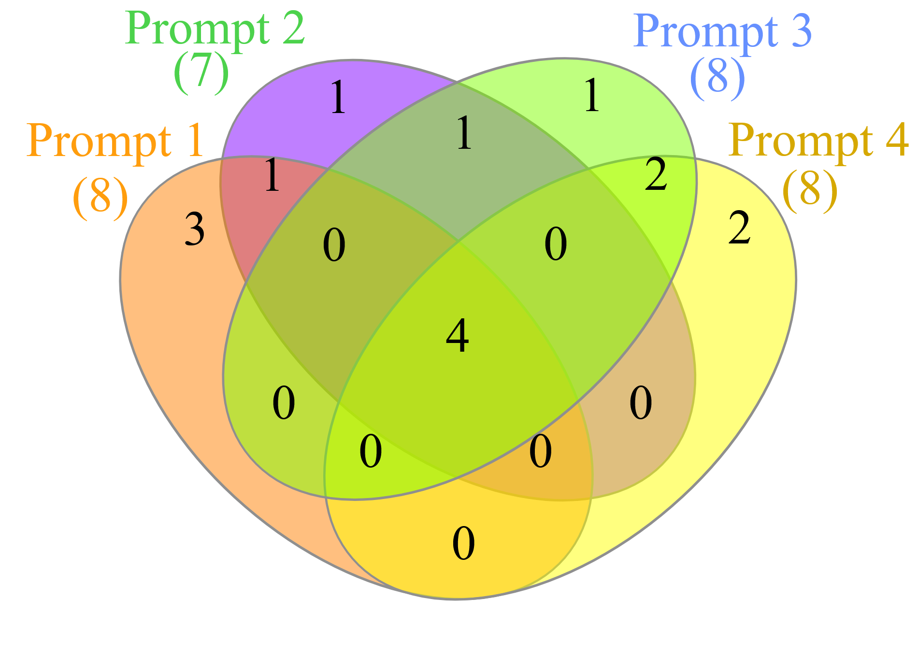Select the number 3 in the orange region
[x=195, y=229]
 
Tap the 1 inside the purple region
[x=338, y=98]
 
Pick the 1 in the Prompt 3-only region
[x=591, y=96]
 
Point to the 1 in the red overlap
[x=272, y=175]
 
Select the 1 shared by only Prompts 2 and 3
[x=464, y=132]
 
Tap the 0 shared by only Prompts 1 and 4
[x=463, y=544]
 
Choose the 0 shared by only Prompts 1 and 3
[x=284, y=403]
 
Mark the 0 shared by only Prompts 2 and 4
[x=641, y=402]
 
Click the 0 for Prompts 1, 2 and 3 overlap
[x=334, y=245]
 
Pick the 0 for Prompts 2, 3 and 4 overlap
[x=555, y=244]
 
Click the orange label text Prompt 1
[x=115, y=141]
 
